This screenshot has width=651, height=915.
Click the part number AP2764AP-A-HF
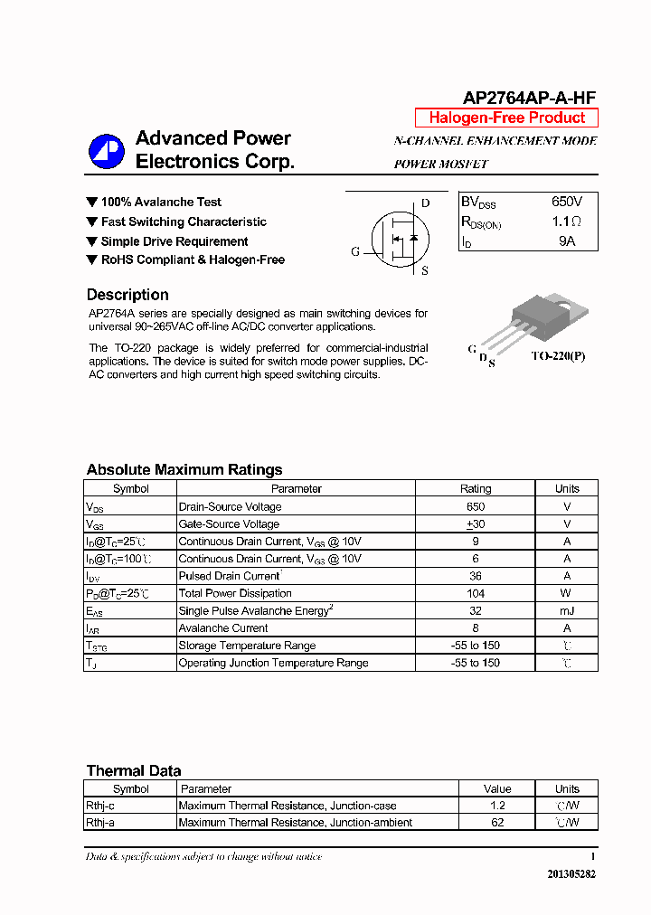tap(529, 99)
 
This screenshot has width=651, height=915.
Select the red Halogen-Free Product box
tap(506, 118)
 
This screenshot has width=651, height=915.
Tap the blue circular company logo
tap(106, 151)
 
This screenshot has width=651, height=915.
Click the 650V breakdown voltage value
tap(567, 202)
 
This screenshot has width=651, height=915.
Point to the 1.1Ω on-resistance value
tap(567, 222)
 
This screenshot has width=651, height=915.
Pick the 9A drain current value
tap(567, 241)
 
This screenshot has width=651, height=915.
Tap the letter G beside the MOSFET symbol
tap(355, 251)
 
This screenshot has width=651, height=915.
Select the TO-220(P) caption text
tap(558, 356)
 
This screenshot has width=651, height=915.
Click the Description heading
tap(127, 295)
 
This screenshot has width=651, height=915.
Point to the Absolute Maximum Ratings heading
tap(184, 469)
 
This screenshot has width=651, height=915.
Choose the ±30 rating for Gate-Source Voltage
tap(476, 524)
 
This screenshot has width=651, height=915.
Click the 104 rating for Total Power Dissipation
tap(476, 593)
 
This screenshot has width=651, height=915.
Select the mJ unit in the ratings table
tap(567, 611)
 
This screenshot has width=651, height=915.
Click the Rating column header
tap(476, 489)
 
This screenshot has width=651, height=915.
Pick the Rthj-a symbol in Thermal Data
tap(100, 823)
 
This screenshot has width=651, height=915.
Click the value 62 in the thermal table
tap(497, 823)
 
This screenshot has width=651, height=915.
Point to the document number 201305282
tap(571, 874)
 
